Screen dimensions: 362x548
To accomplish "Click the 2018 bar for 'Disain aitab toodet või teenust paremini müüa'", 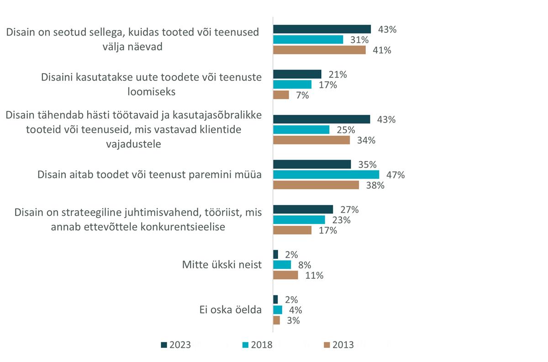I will [x=326, y=175].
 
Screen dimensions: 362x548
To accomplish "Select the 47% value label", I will [x=395, y=175].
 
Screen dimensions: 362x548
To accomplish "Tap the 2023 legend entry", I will [x=176, y=345].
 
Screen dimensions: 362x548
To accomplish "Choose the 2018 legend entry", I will [x=257, y=345].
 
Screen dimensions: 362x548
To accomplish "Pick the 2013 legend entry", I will [x=338, y=345].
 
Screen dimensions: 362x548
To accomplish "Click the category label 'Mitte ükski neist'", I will [x=222, y=265].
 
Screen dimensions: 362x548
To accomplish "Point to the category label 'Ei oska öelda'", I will [x=227, y=309].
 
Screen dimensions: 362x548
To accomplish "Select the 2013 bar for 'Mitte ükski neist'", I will [x=285, y=275].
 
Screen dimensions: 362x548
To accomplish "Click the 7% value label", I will [x=302, y=95].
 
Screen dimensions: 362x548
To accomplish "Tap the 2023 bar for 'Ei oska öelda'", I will [x=275, y=299].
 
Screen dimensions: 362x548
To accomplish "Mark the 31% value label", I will [x=359, y=40].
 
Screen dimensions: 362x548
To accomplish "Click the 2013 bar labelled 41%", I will [x=319, y=50].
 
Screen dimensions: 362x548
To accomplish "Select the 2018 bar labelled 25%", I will [x=301, y=130].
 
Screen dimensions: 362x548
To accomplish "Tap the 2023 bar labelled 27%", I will [x=303, y=209].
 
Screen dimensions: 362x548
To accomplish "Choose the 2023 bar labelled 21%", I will [x=297, y=74].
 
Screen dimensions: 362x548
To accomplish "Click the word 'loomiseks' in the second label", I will [x=152, y=91].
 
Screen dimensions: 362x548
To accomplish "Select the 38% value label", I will [x=375, y=185].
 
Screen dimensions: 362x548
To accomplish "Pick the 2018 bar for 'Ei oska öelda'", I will [x=278, y=310].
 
